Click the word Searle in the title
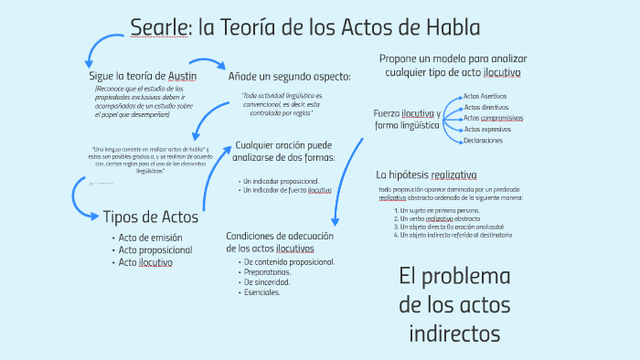point(161,27)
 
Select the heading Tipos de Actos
point(150,217)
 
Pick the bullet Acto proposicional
point(156,249)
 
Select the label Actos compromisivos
point(494,118)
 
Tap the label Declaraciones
point(485,141)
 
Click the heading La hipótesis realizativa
point(426,175)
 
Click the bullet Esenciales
point(262,292)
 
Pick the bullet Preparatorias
point(268,272)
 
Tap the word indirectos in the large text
point(454,334)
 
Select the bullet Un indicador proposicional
point(281,180)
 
